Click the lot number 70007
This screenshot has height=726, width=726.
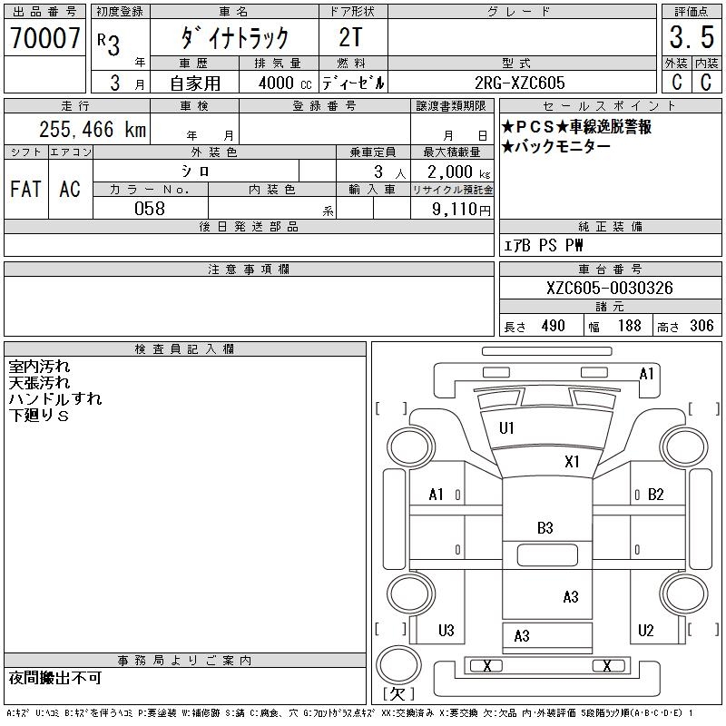click(44, 37)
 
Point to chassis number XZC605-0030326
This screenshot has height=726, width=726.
click(609, 288)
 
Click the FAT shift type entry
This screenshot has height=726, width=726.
click(25, 189)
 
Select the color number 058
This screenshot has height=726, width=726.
click(150, 208)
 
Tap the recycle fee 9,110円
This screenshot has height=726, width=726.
click(463, 209)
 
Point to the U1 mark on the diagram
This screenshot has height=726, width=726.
click(506, 427)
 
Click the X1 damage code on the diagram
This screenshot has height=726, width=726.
click(572, 461)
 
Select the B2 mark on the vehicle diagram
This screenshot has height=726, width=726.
click(656, 495)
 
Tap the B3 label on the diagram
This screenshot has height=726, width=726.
click(544, 527)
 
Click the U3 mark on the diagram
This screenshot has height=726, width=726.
click(446, 630)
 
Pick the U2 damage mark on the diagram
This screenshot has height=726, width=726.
click(645, 630)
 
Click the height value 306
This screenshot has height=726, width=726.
click(701, 326)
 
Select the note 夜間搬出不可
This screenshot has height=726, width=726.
click(55, 678)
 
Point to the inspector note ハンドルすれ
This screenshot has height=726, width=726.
click(54, 399)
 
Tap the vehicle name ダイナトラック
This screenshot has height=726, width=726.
click(235, 37)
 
